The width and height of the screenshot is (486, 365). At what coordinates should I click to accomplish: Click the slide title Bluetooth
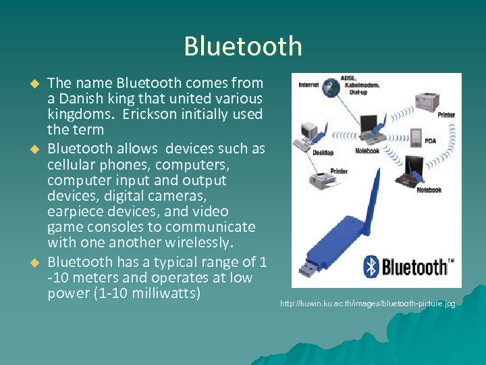click(242, 46)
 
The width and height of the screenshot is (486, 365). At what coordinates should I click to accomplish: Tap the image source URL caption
click(368, 304)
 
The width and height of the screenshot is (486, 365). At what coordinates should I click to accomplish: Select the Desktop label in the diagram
click(323, 153)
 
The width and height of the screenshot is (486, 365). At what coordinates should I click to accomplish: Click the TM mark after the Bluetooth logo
click(451, 259)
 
